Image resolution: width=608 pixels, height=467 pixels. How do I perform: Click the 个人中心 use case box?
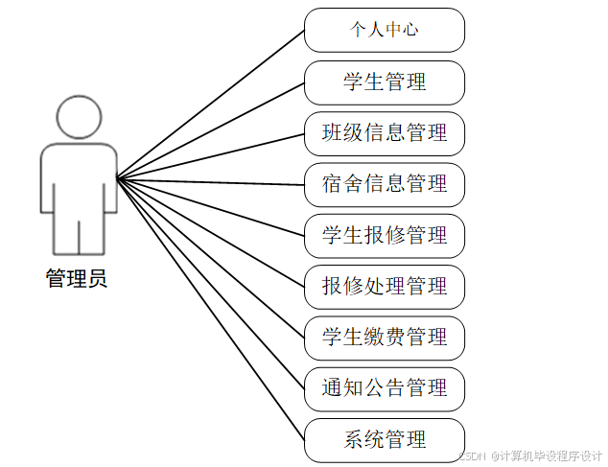[385, 30]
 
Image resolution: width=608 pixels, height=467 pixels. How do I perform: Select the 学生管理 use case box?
[385, 82]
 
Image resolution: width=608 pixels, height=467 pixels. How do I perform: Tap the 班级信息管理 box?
[385, 133]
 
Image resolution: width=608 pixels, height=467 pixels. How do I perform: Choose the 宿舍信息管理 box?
[385, 184]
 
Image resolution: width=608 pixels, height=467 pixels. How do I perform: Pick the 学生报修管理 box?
[385, 235]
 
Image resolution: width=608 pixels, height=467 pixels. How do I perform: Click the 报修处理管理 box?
[385, 286]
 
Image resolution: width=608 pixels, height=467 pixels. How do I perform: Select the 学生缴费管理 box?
[385, 338]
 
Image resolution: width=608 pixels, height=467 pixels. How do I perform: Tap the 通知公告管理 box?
[385, 388]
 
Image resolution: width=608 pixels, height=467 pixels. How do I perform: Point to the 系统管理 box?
[385, 440]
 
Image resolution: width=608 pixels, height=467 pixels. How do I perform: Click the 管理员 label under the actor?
[77, 279]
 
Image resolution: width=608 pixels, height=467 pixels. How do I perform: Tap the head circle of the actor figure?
[79, 117]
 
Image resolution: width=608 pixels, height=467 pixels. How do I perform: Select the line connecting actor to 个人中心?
[211, 104]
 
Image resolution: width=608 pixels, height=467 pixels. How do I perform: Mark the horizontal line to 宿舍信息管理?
[211, 181]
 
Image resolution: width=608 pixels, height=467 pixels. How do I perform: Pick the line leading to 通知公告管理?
[211, 284]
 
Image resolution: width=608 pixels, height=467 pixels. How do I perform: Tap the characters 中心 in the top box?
[402, 30]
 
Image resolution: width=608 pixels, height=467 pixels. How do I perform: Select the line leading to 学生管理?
[211, 129]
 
